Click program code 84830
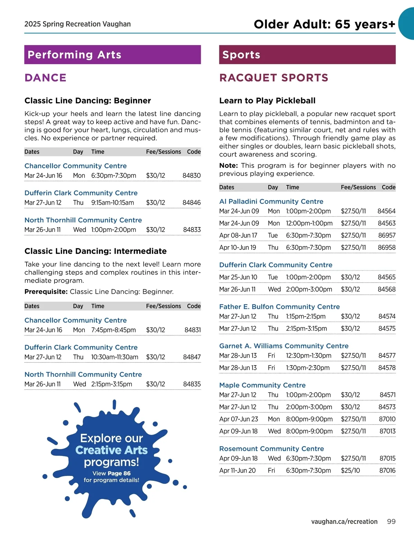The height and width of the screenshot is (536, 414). pyautogui.click(x=191, y=175)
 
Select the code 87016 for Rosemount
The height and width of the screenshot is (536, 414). pyautogui.click(x=387, y=470)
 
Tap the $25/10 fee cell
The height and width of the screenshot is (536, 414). pyautogui.click(x=350, y=470)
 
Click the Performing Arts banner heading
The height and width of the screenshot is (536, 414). pyautogui.click(x=75, y=55)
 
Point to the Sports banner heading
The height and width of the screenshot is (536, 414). pyautogui.click(x=241, y=55)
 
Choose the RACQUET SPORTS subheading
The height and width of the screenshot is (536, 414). pyautogui.click(x=274, y=78)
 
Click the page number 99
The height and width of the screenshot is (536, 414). pyautogui.click(x=391, y=522)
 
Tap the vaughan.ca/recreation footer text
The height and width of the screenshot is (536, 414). pyautogui.click(x=344, y=522)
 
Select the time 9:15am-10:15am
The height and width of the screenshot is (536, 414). pyautogui.click(x=112, y=203)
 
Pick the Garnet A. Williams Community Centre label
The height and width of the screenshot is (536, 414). pyautogui.click(x=284, y=346)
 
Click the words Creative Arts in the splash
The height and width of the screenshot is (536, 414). pyautogui.click(x=111, y=450)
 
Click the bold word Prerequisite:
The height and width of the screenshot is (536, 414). pyautogui.click(x=46, y=292)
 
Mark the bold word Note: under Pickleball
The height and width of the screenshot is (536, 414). pyautogui.click(x=228, y=166)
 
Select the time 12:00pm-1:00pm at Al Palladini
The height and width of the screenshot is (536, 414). pyautogui.click(x=309, y=223)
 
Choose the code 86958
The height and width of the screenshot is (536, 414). pyautogui.click(x=386, y=247)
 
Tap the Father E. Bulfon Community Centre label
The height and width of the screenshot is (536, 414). pyautogui.click(x=279, y=306)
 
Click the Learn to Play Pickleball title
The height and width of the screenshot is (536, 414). pyautogui.click(x=267, y=100)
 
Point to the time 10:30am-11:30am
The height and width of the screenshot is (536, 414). pyautogui.click(x=115, y=357)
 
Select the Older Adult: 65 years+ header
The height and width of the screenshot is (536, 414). pyautogui.click(x=324, y=24)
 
